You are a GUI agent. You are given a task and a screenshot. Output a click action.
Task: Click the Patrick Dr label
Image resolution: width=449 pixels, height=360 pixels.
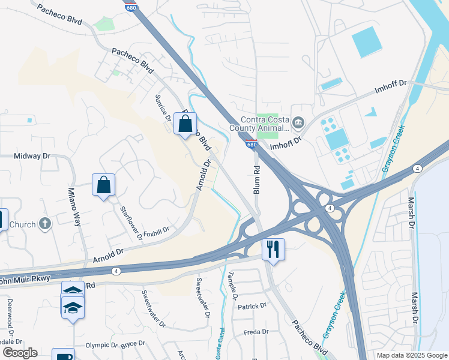click(x=252, y=306)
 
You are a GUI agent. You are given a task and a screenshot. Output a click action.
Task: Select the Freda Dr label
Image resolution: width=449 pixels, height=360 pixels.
click(x=256, y=332)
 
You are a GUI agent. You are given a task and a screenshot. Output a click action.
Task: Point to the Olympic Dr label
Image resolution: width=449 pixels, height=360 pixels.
click(x=101, y=345)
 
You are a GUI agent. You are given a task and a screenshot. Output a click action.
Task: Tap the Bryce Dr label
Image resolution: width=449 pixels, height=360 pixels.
click(x=133, y=343)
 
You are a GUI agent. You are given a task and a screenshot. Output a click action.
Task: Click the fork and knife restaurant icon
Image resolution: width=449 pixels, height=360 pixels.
click(x=274, y=248)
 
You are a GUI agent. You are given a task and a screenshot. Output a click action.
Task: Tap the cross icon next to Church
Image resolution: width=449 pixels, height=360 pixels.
click(x=45, y=224)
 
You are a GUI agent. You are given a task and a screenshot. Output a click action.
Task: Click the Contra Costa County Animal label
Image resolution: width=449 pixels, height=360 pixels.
click(x=258, y=123)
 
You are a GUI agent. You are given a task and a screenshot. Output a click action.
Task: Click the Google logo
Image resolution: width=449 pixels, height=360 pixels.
click(x=20, y=352)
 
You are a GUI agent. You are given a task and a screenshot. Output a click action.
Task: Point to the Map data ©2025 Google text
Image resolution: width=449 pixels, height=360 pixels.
click(x=412, y=355)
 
